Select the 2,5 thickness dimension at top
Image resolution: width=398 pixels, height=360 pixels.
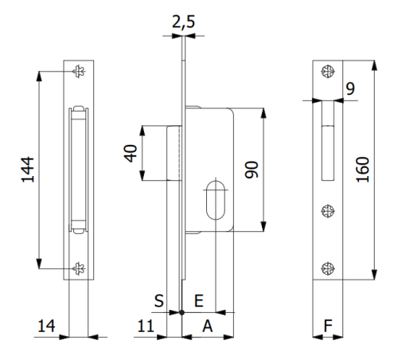(184, 23)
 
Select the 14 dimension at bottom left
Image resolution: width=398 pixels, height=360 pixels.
(46, 325)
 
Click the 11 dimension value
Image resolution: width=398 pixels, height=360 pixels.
(145, 325)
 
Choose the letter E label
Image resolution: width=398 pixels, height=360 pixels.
(199, 300)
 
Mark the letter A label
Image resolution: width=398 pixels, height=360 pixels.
(207, 325)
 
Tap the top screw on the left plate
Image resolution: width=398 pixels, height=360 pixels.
(78, 72)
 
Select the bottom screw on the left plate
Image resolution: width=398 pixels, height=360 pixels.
(78, 268)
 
